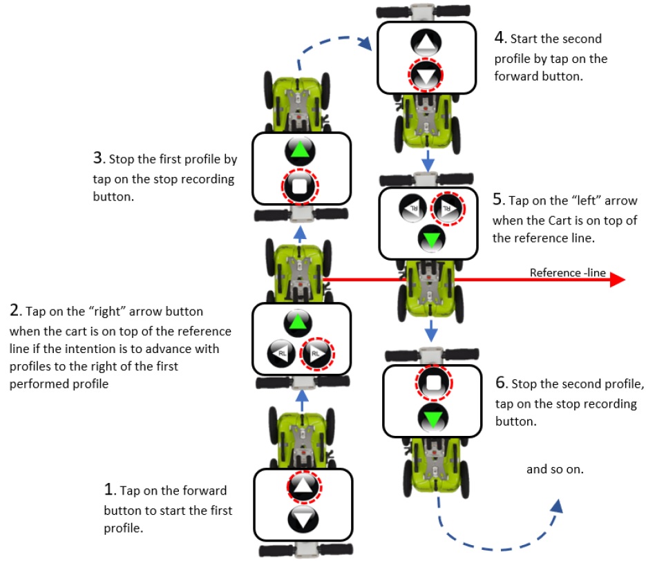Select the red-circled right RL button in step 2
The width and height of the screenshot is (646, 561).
[x=317, y=354]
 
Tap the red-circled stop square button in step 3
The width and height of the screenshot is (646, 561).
[x=301, y=186]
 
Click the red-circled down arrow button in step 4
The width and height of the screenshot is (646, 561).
[x=426, y=76]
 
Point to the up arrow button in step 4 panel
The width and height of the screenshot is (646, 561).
[x=426, y=43]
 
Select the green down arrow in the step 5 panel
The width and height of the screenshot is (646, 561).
[x=431, y=240]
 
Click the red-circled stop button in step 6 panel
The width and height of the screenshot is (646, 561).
[x=433, y=383]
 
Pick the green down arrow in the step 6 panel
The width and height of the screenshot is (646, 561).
[x=433, y=417]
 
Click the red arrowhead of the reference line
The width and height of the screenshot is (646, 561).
[x=617, y=279]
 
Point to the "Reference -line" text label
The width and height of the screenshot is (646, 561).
[x=567, y=272]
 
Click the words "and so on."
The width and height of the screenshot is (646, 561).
[x=555, y=469]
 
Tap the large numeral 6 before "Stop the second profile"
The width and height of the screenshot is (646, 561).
[x=500, y=382]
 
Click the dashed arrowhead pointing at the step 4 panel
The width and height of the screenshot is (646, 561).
[x=365, y=45]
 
